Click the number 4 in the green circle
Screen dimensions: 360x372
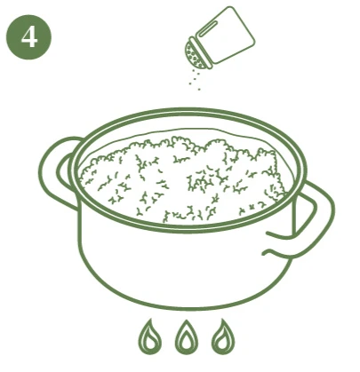coord(29,37)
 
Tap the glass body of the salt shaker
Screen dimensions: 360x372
coord(226,35)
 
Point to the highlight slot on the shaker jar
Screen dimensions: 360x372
coord(210,29)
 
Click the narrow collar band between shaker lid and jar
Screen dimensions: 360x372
coord(201,52)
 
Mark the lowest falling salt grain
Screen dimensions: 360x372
coord(199,89)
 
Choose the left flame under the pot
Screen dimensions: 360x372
coord(149,338)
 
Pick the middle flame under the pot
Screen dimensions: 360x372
coord(186,338)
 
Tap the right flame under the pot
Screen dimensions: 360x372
coord(223,338)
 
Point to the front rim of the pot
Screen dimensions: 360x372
coord(187,228)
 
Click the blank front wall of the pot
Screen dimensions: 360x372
coord(184,266)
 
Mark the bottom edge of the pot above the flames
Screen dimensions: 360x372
coord(187,307)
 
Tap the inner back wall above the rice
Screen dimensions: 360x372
coord(189,132)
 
